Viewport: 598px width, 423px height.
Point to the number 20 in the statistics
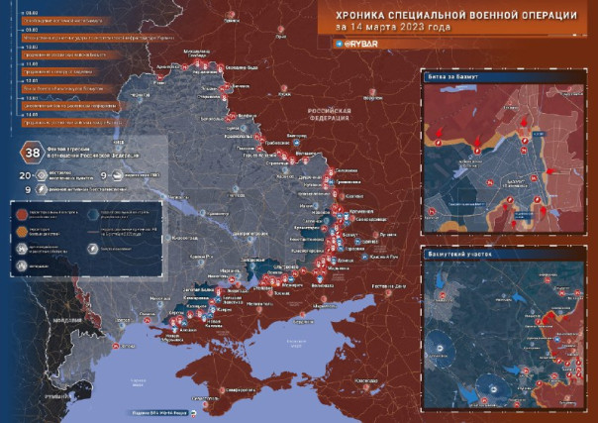[25, 175]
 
